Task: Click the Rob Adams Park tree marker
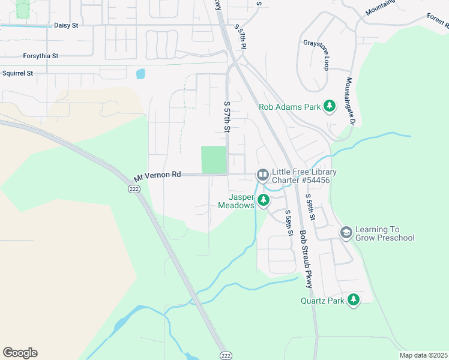click(x=329, y=106)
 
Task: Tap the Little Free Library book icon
click(x=262, y=175)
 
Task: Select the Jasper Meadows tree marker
click(x=263, y=201)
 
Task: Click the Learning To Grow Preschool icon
click(x=346, y=232)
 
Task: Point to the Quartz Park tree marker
click(x=354, y=299)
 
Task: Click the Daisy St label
click(x=66, y=26)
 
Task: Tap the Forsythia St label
click(x=40, y=56)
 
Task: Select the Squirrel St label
click(x=17, y=73)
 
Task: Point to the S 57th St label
click(x=227, y=116)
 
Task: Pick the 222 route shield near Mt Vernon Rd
click(x=133, y=188)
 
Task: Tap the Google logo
click(x=20, y=353)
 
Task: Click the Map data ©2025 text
click(x=423, y=355)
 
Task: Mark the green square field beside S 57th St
click(x=213, y=160)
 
